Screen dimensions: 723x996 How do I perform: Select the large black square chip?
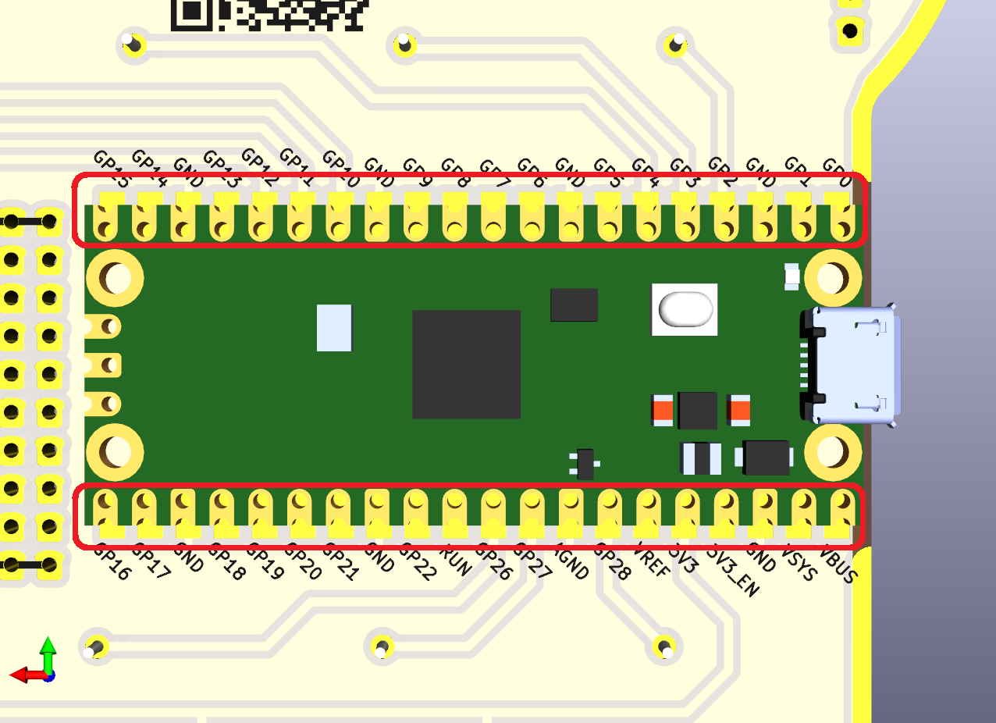(x=466, y=364)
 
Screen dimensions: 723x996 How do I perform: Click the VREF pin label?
(x=653, y=560)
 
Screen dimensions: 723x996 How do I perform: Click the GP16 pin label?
(x=112, y=561)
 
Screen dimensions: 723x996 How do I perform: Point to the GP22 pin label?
(x=418, y=561)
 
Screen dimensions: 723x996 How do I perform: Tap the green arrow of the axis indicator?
(x=48, y=651)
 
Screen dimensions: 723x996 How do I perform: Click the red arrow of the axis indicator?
(x=23, y=674)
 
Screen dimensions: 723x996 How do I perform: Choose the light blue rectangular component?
(x=334, y=328)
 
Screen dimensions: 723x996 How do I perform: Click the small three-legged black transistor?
(x=585, y=463)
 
